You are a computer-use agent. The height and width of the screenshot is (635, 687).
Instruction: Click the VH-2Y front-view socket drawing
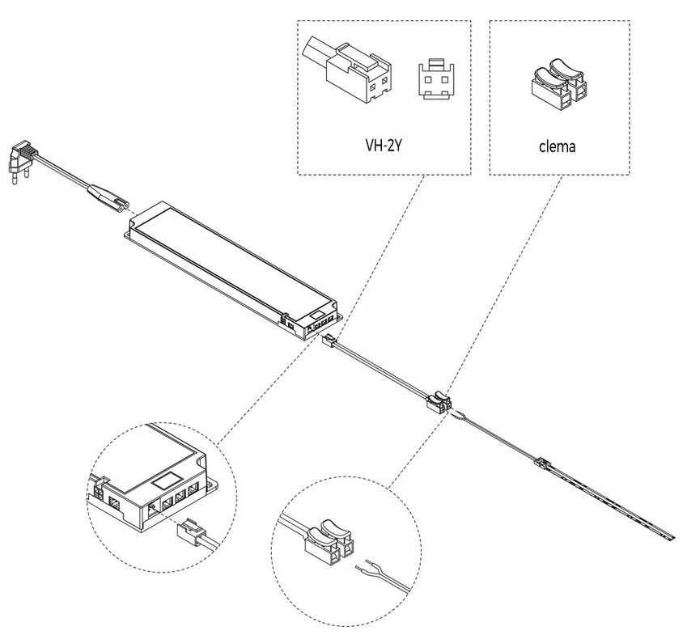[x=435, y=78]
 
